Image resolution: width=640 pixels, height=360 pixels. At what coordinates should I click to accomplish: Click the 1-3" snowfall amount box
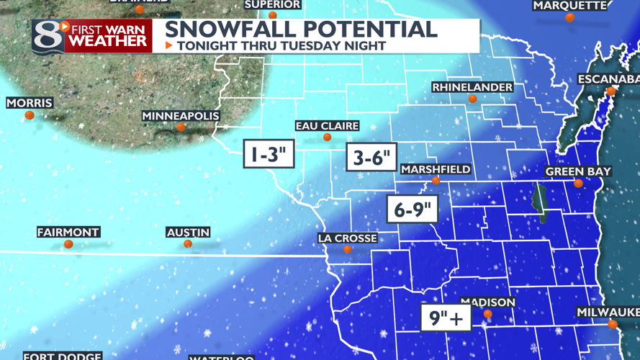tap(269, 152)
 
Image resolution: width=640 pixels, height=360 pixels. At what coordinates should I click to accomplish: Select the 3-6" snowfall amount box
tap(371, 157)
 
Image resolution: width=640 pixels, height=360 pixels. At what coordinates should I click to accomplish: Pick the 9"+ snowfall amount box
tap(446, 317)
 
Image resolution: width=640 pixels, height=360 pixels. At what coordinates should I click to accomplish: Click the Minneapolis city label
tap(181, 116)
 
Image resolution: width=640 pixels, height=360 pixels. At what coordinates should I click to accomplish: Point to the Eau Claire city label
tap(327, 126)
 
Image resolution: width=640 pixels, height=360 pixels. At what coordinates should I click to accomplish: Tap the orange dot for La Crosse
tap(348, 250)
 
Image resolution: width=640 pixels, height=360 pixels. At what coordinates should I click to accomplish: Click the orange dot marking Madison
tap(488, 314)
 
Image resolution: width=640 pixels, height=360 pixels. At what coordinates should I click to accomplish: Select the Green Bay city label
tap(578, 171)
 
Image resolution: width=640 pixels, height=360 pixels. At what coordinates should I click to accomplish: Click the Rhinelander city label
tap(472, 87)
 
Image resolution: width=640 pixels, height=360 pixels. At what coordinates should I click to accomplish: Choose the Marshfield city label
tap(436, 169)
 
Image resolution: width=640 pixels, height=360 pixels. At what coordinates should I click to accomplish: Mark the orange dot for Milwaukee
tap(613, 324)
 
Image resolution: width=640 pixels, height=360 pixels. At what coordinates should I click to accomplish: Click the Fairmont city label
tap(68, 233)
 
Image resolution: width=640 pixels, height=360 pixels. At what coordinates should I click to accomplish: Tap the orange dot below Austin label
tap(188, 244)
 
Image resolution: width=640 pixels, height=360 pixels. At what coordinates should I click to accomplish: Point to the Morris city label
tap(30, 103)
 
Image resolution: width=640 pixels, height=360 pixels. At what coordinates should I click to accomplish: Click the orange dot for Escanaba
tap(610, 91)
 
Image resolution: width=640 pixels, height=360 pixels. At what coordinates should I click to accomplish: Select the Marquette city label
tap(570, 6)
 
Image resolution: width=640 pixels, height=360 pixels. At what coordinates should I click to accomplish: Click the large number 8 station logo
tap(48, 36)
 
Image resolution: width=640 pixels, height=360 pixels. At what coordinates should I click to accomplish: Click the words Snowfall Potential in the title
tap(301, 30)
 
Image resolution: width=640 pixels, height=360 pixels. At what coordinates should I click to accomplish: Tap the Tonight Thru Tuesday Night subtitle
tap(281, 46)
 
